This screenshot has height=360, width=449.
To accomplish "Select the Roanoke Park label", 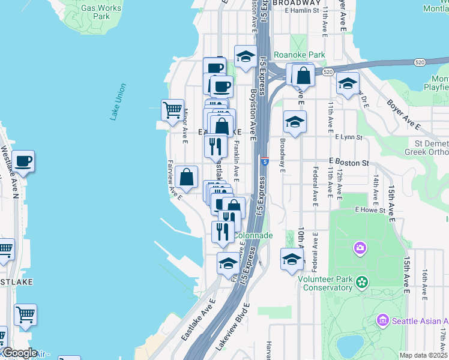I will pyautogui.click(x=299, y=55).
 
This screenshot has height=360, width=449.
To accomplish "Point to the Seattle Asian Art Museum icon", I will pyautogui.click(x=384, y=321).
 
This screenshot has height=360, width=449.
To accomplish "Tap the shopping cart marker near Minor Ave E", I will pyautogui.click(x=172, y=110).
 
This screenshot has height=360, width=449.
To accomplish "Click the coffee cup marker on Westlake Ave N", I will pyautogui.click(x=23, y=161).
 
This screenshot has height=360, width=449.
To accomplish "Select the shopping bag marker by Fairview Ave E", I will pyautogui.click(x=187, y=177).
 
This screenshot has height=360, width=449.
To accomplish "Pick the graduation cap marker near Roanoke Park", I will pyautogui.click(x=245, y=58).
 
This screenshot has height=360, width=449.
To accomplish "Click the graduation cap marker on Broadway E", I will pyautogui.click(x=295, y=122).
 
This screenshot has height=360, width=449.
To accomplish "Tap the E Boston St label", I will pyautogui.click(x=348, y=163).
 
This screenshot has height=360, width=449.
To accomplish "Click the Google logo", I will pyautogui.click(x=19, y=353).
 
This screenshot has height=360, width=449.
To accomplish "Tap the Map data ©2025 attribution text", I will pyautogui.click(x=423, y=356).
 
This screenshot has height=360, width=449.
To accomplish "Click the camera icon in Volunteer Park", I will pyautogui.click(x=360, y=248).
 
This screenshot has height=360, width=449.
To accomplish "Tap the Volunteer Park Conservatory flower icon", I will pyautogui.click(x=361, y=281).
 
